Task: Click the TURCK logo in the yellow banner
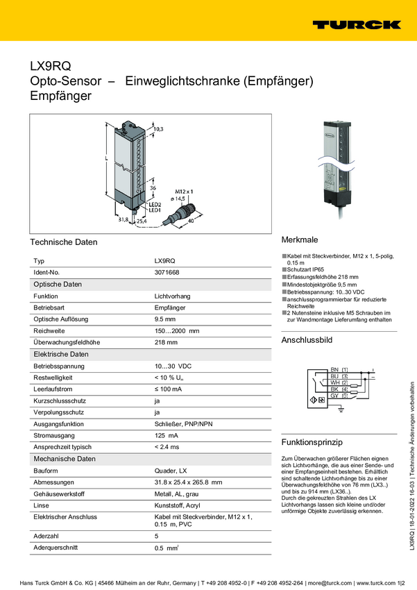tap(356, 24)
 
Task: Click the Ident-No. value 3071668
tap(167, 273)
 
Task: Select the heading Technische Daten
tap(63, 242)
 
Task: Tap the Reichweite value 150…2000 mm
tap(176, 331)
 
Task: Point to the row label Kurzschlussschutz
tap(60, 401)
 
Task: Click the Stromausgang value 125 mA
tap(166, 435)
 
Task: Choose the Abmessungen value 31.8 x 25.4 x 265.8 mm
tap(187, 482)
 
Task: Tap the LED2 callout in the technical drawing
tap(155, 205)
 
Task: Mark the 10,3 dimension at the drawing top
tap(158, 129)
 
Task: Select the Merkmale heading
tap(300, 238)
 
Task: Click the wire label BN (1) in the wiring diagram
tap(339, 368)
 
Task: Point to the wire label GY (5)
tap(339, 396)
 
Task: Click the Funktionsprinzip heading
tap(313, 442)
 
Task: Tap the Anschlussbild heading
tap(307, 340)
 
